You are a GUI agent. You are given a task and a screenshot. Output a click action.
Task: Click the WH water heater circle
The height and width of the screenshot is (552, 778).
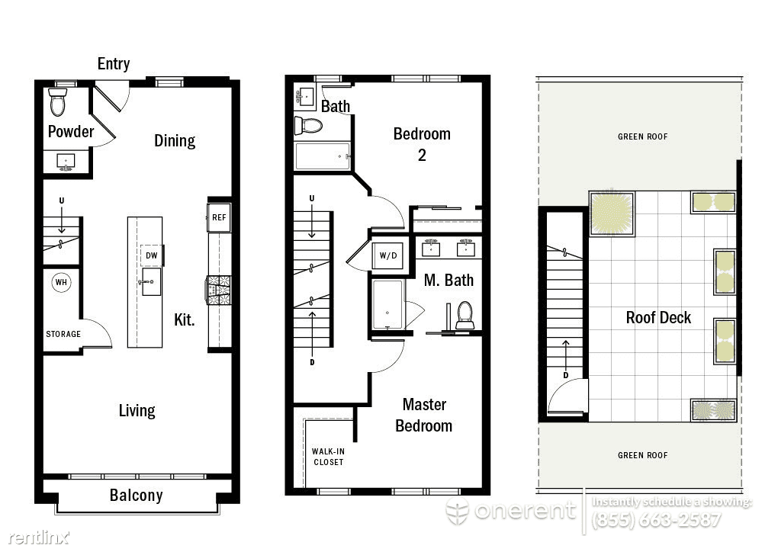click(x=61, y=282)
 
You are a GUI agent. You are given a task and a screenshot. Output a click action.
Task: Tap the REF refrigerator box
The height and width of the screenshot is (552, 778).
click(x=219, y=217)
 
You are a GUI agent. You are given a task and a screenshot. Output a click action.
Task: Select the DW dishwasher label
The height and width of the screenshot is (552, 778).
click(x=151, y=255)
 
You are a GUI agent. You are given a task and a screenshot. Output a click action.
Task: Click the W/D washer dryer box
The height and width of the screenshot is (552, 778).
click(x=388, y=255)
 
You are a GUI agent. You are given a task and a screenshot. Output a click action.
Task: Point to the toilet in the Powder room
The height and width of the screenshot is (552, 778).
click(x=57, y=101)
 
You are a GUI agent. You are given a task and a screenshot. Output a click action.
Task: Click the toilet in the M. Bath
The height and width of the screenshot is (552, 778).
click(x=465, y=315)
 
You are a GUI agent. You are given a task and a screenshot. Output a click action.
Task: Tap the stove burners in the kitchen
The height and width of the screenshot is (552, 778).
click(x=219, y=290)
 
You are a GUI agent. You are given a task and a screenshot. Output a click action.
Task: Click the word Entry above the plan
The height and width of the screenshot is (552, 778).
click(x=114, y=64)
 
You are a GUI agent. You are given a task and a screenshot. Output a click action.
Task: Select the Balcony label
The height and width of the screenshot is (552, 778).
click(x=136, y=495)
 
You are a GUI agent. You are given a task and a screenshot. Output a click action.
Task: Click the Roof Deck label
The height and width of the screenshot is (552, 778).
click(x=658, y=317)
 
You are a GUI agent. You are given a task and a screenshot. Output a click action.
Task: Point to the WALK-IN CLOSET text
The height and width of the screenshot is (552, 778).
click(x=328, y=456)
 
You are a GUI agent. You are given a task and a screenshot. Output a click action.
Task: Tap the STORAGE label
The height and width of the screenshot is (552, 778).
click(x=63, y=334)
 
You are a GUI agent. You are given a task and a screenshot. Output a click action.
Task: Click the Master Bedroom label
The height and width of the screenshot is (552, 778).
click(x=424, y=415)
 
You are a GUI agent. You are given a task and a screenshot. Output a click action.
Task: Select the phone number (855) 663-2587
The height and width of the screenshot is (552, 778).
click(x=656, y=520)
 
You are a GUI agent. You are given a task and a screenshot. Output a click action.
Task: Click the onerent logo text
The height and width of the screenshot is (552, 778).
click(x=525, y=510)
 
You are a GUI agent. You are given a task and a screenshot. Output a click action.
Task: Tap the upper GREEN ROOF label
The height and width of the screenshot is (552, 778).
click(x=642, y=136)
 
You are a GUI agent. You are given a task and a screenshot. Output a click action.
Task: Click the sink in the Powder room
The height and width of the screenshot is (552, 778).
click(x=66, y=161)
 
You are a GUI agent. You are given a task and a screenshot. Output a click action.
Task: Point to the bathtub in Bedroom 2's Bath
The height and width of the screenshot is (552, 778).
click(x=323, y=156)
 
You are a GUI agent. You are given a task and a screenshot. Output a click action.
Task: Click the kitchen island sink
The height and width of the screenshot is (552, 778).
click(x=151, y=281)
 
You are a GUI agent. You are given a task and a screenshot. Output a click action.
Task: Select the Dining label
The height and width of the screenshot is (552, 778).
click(x=175, y=141)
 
